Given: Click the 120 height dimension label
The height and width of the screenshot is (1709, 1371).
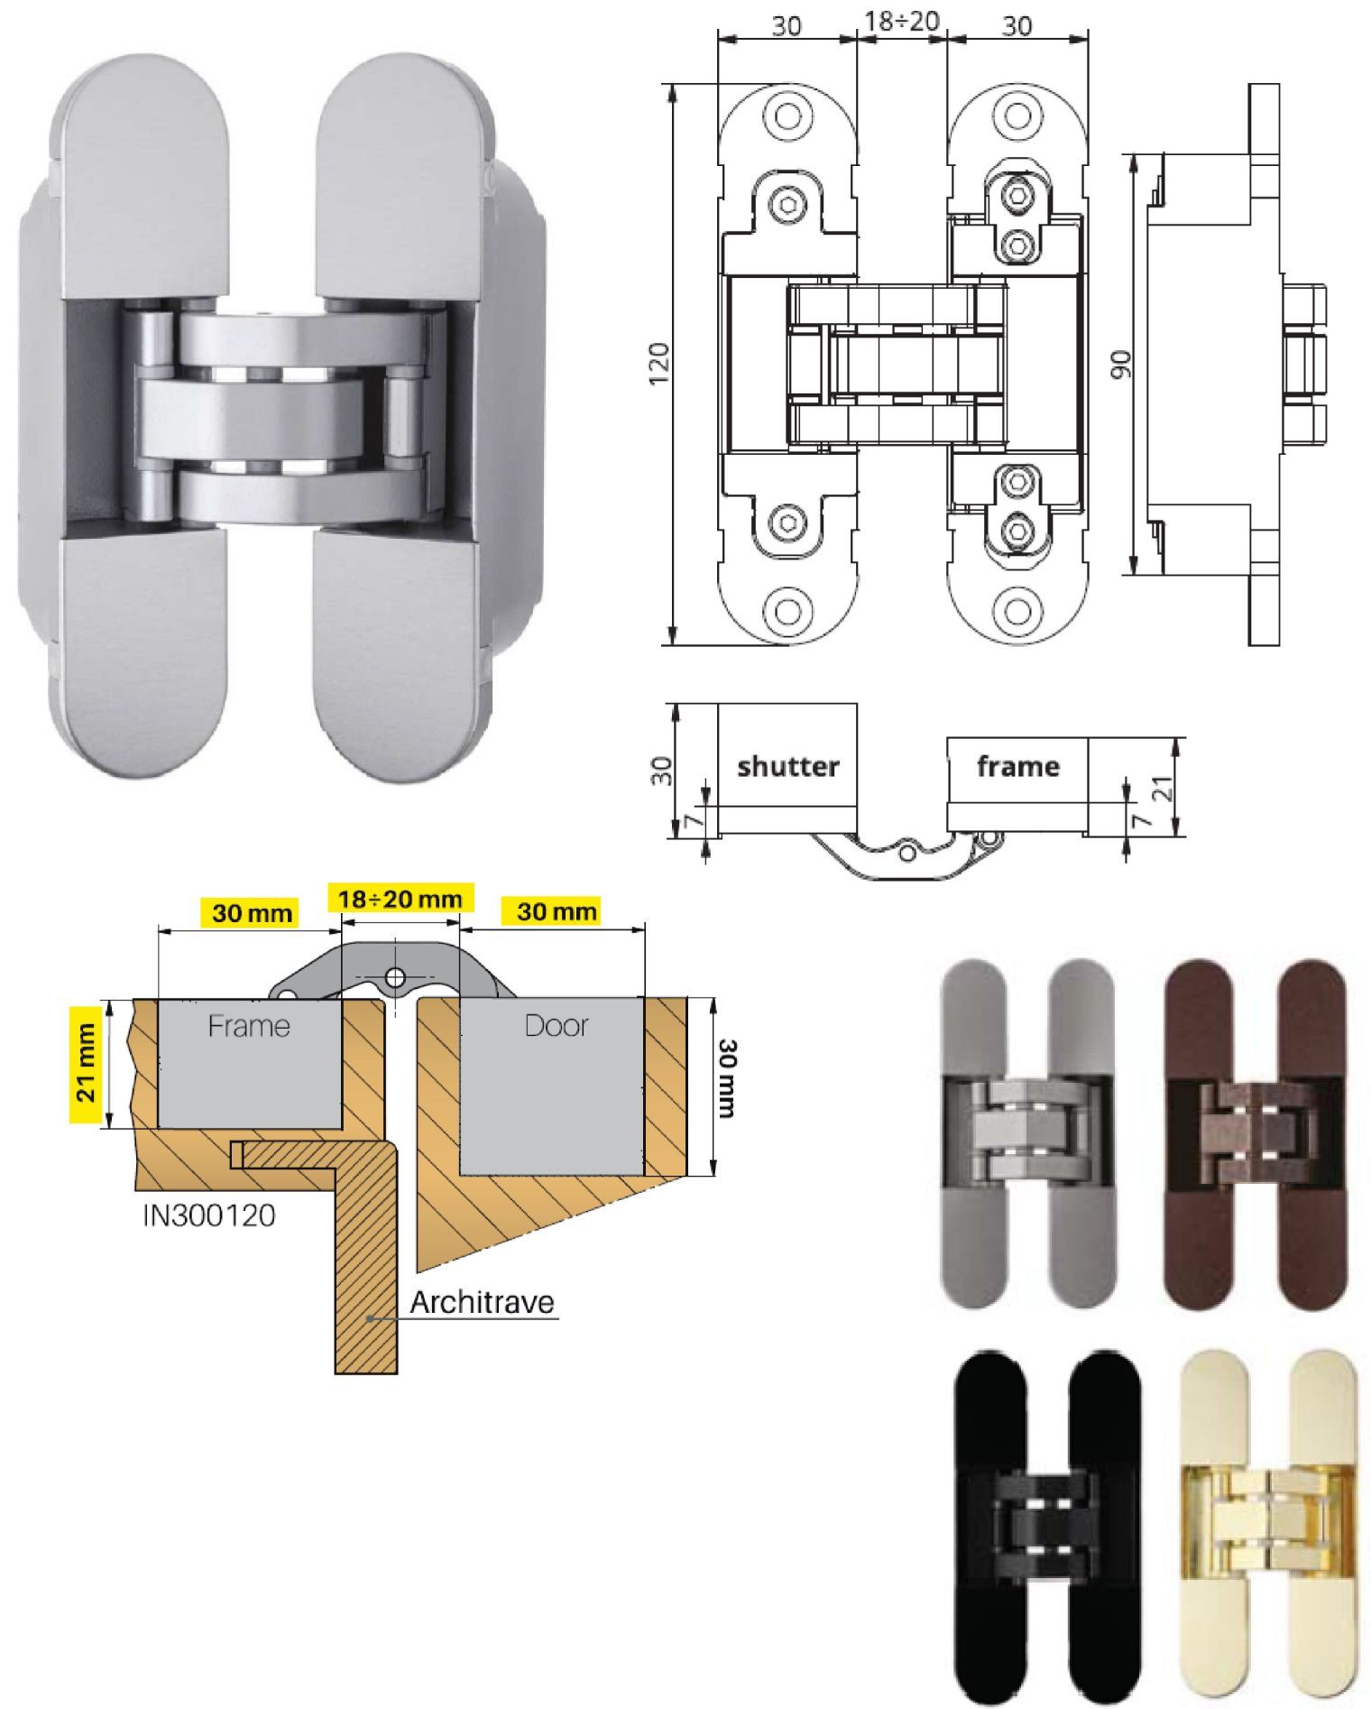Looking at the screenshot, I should point(660,364).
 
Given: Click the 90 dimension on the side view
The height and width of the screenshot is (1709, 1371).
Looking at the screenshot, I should point(1121,365).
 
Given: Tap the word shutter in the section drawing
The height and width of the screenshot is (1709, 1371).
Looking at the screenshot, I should point(787,767).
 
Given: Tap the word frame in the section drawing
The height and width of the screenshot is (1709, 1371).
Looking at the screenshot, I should point(1017,766).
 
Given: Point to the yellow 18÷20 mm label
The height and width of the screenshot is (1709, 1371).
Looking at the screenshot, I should point(400,899).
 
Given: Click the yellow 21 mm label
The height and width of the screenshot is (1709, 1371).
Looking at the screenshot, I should point(86,1063).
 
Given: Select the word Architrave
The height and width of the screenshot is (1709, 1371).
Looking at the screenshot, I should point(482,1302).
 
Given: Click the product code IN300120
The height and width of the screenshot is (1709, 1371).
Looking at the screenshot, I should point(209,1215).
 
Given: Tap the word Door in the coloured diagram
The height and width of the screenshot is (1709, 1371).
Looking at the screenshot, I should point(557,1026).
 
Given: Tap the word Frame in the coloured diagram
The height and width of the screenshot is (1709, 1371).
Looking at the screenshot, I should point(249,1026).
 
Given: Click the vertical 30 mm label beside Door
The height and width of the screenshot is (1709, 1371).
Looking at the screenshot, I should point(727,1078).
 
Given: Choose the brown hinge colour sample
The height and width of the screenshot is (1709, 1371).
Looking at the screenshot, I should point(1255,1134).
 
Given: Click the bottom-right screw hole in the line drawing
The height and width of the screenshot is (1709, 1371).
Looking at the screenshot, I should point(1017,611).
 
